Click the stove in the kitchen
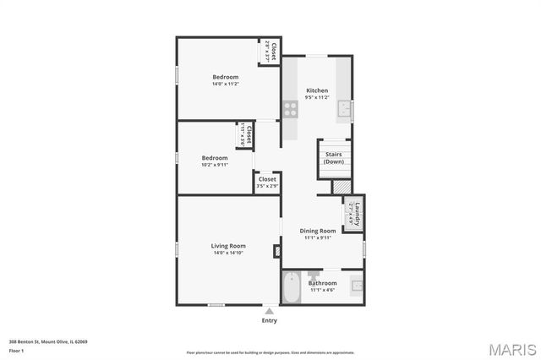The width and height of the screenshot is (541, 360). [290, 109]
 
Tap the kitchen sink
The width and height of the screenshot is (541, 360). [344, 109]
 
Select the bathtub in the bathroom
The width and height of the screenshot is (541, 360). [292, 287]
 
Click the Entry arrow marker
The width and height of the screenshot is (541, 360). [270, 311]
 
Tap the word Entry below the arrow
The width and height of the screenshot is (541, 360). [270, 321]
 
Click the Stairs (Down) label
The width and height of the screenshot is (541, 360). [333, 159]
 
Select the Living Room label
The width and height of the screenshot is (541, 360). [228, 246]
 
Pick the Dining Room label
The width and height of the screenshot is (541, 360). [319, 231]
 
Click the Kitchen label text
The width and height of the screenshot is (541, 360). [317, 90]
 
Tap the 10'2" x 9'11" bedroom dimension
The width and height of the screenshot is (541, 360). [215, 165]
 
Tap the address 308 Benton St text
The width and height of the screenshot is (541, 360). [48, 341]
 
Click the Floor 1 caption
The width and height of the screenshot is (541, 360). [16, 350]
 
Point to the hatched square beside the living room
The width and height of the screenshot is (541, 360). [276, 251]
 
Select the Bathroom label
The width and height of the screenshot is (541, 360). [322, 283]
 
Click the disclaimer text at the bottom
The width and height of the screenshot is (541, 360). [270, 352]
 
